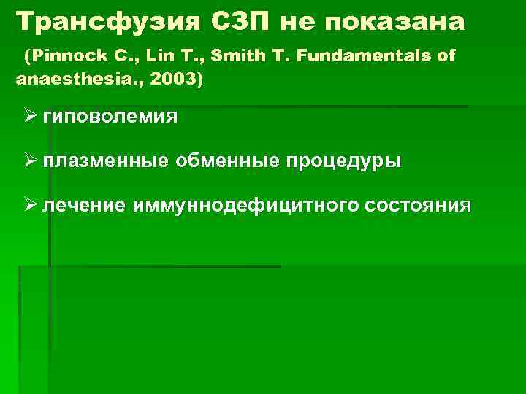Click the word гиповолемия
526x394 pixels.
pyautogui.click(x=110, y=117)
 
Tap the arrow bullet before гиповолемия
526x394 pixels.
pyautogui.click(x=30, y=116)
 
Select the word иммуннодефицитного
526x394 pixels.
pyautogui.click(x=245, y=206)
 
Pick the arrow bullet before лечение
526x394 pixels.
pyautogui.click(x=30, y=205)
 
